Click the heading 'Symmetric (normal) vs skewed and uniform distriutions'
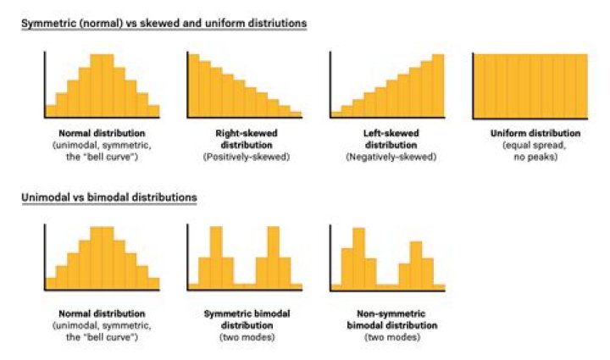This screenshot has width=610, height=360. pyautogui.click(x=164, y=23)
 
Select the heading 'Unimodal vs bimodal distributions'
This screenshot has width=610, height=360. pyautogui.click(x=109, y=197)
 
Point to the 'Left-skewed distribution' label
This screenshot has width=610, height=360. pyautogui.click(x=386, y=139)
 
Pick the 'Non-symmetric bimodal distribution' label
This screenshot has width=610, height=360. pyautogui.click(x=386, y=318)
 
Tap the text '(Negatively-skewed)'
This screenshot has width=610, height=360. pyautogui.click(x=386, y=157)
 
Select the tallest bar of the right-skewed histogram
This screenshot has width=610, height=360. pyautogui.click(x=194, y=86)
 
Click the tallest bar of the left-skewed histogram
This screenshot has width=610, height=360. pyautogui.click(x=437, y=86)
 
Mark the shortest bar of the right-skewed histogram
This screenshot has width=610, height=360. pyautogui.click(x=296, y=113)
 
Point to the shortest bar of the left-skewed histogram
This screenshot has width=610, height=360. pyautogui.click(x=336, y=113)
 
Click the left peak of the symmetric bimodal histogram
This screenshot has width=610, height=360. pyautogui.click(x=216, y=258)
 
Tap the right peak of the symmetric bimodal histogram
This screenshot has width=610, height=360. pyautogui.click(x=273, y=258)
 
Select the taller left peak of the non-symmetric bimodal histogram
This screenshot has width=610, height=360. pyautogui.click(x=358, y=258)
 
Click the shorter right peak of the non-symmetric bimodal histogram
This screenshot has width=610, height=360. pyautogui.click(x=415, y=265)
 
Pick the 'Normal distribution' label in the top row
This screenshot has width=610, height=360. pyautogui.click(x=102, y=134)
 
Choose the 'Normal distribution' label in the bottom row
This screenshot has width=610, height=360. pyautogui.click(x=102, y=313)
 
